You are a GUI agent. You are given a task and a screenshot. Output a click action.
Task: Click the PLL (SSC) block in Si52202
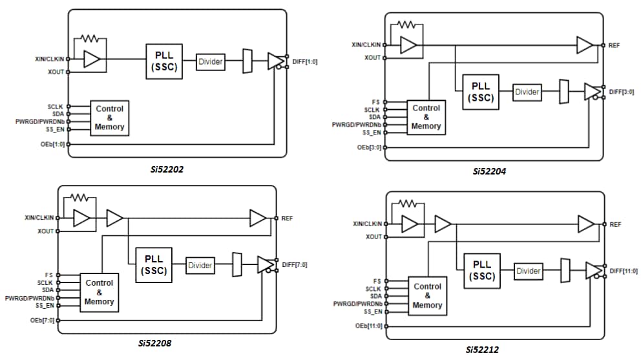164,61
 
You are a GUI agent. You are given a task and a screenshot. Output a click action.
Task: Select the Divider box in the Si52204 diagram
527,92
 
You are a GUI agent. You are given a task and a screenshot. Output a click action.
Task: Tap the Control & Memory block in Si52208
99,292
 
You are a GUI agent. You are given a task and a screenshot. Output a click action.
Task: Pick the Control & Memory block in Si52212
427,295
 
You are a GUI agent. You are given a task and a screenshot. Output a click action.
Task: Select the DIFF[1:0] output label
303,61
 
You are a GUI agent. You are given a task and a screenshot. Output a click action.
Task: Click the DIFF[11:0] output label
624,270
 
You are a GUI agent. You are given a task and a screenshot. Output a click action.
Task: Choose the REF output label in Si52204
615,45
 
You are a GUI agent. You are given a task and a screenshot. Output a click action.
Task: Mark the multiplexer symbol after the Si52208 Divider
236,264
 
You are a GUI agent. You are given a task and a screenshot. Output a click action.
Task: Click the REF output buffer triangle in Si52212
585,224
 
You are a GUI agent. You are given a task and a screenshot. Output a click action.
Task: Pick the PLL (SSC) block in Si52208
154,266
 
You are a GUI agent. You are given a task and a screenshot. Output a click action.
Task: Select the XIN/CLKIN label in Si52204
364,45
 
